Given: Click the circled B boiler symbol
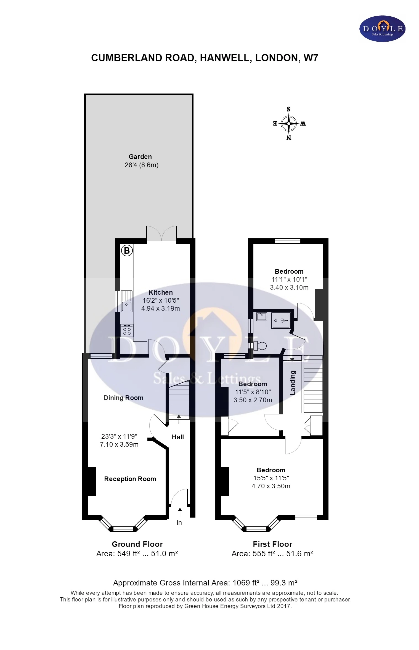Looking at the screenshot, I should click(127, 251).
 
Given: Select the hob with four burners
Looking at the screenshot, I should click(127, 331).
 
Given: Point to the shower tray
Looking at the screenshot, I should click(281, 320).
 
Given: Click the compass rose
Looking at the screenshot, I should click(289, 123).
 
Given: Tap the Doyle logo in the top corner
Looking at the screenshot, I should click(382, 29).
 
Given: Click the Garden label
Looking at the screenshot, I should click(140, 157).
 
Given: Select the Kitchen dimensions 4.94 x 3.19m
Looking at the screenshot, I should click(160, 308).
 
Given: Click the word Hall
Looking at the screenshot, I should click(178, 437).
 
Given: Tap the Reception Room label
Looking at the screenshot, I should click(130, 479).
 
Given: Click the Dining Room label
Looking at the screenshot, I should click(123, 398).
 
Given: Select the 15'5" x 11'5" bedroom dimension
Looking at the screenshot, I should click(271, 478).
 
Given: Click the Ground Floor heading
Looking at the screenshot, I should click(137, 544).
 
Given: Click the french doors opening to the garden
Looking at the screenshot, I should click(161, 235).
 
